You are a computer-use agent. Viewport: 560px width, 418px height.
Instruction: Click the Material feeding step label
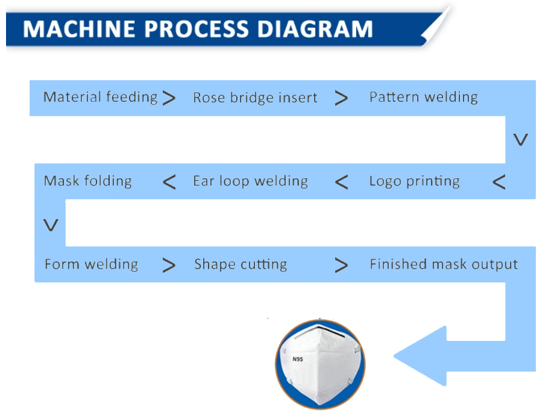(x=100, y=97)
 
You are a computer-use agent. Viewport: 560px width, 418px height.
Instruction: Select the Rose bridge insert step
(x=255, y=98)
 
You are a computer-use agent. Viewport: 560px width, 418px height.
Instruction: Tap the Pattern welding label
(x=423, y=97)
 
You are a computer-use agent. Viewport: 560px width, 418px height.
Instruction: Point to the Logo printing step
(x=414, y=181)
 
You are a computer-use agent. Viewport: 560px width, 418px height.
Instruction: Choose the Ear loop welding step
(x=250, y=181)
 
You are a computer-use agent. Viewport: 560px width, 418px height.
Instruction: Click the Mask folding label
(x=87, y=181)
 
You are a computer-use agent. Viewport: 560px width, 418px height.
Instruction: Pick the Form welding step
(x=91, y=264)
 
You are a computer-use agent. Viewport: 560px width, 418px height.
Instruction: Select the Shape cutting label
(x=240, y=264)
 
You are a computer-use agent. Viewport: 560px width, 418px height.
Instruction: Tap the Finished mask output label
(x=444, y=264)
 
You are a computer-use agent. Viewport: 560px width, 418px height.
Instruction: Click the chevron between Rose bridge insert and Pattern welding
(x=341, y=98)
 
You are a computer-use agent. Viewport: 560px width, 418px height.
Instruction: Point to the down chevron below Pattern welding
(x=520, y=140)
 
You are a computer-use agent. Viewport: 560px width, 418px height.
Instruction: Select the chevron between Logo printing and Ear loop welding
(x=341, y=182)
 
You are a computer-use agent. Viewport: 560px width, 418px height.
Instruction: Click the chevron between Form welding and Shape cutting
(x=169, y=265)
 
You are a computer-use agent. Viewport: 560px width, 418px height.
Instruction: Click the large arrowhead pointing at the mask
(x=422, y=355)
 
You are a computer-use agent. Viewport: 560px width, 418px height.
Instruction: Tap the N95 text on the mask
(x=297, y=360)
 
